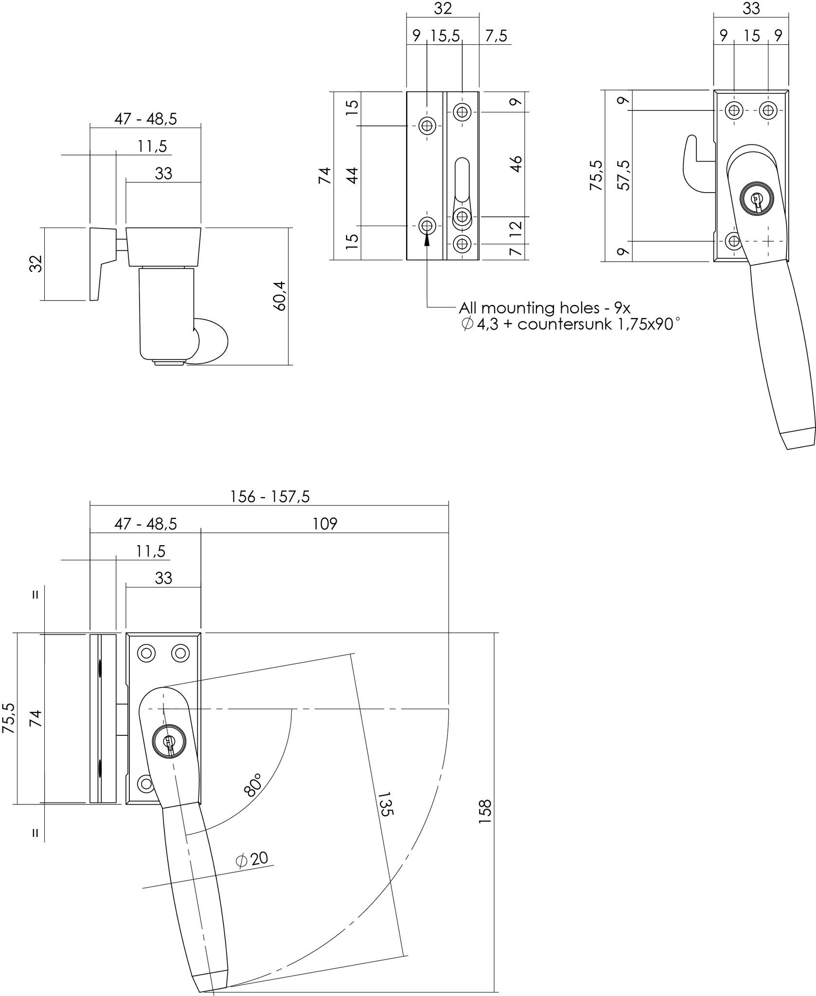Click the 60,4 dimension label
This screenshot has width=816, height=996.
click(281, 296)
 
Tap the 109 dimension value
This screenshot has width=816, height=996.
click(325, 523)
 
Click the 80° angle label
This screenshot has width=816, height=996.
click(253, 784)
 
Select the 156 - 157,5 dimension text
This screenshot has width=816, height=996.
click(270, 496)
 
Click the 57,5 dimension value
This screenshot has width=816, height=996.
click(624, 175)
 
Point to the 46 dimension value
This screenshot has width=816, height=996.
click(516, 164)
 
